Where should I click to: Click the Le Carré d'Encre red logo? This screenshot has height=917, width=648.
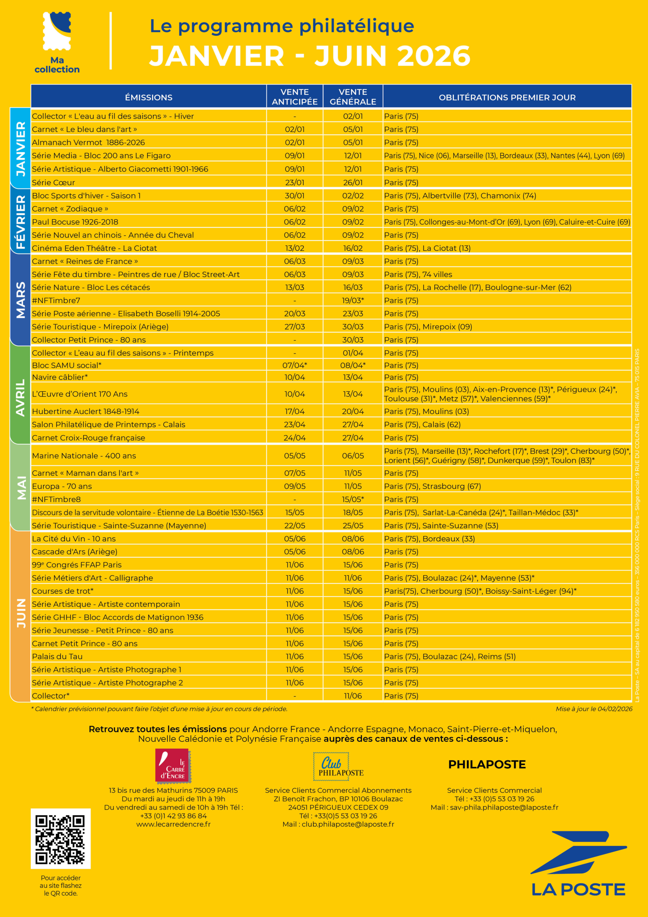[x=173, y=765]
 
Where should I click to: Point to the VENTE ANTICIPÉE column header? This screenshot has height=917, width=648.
[x=295, y=97]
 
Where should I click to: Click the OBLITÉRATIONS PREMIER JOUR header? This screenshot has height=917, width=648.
[x=507, y=97]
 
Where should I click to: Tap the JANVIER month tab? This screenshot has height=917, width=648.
[x=20, y=148]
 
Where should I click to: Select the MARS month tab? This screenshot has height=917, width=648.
[x=20, y=299]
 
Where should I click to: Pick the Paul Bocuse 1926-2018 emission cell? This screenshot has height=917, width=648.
[x=75, y=222]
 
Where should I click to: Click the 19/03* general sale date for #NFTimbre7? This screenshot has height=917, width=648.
[x=353, y=300]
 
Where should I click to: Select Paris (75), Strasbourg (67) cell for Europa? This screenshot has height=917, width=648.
[x=432, y=486]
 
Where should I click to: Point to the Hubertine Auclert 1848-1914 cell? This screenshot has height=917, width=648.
[x=86, y=411]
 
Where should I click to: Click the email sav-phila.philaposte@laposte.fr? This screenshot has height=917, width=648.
[x=504, y=807]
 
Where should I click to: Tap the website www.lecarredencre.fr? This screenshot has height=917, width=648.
[x=173, y=824]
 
